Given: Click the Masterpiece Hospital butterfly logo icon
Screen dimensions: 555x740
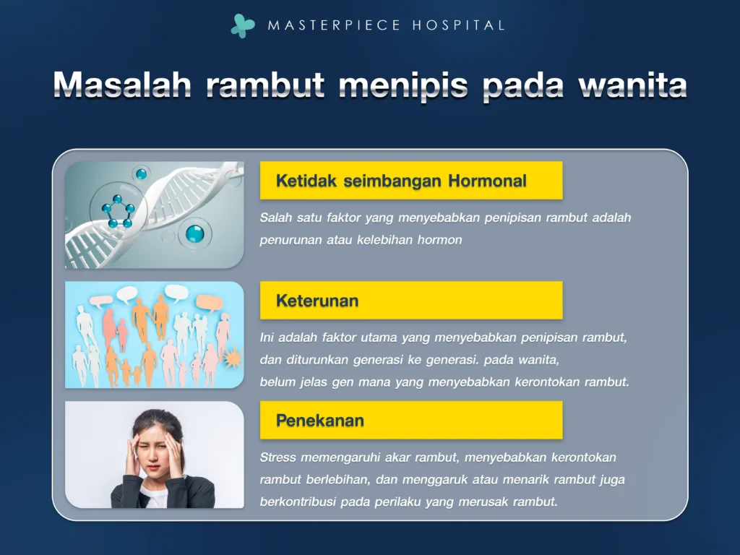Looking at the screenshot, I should point(243,25).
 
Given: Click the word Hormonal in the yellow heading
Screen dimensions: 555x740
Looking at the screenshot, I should point(487,181).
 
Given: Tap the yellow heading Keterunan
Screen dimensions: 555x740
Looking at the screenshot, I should point(317,301).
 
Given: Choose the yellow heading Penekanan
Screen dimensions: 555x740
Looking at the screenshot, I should point(319,421).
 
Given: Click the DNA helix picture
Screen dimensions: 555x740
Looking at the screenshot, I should point(155,215).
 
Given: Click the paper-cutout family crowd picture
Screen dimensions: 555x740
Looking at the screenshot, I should point(155,335).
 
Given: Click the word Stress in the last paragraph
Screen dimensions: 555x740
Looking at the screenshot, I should point(277,457).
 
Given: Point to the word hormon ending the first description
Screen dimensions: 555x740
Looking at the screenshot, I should point(439,240).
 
